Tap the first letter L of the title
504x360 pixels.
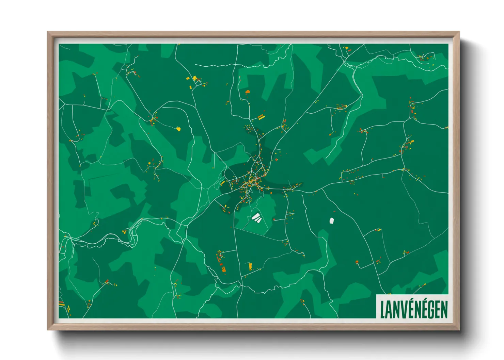tap(382, 309)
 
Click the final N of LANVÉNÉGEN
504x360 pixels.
tap(444, 309)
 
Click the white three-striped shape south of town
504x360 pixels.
tap(256, 218)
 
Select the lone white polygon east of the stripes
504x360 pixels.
tap(332, 221)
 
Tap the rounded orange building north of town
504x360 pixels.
tap(248, 92)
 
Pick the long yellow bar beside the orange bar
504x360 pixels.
tap(261, 117)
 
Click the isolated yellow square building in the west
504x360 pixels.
tap(178, 129)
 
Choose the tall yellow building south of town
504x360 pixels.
tap(250, 266)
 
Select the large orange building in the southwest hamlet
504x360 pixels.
tap(223, 269)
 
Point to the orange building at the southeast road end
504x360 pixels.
tap(357, 262)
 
